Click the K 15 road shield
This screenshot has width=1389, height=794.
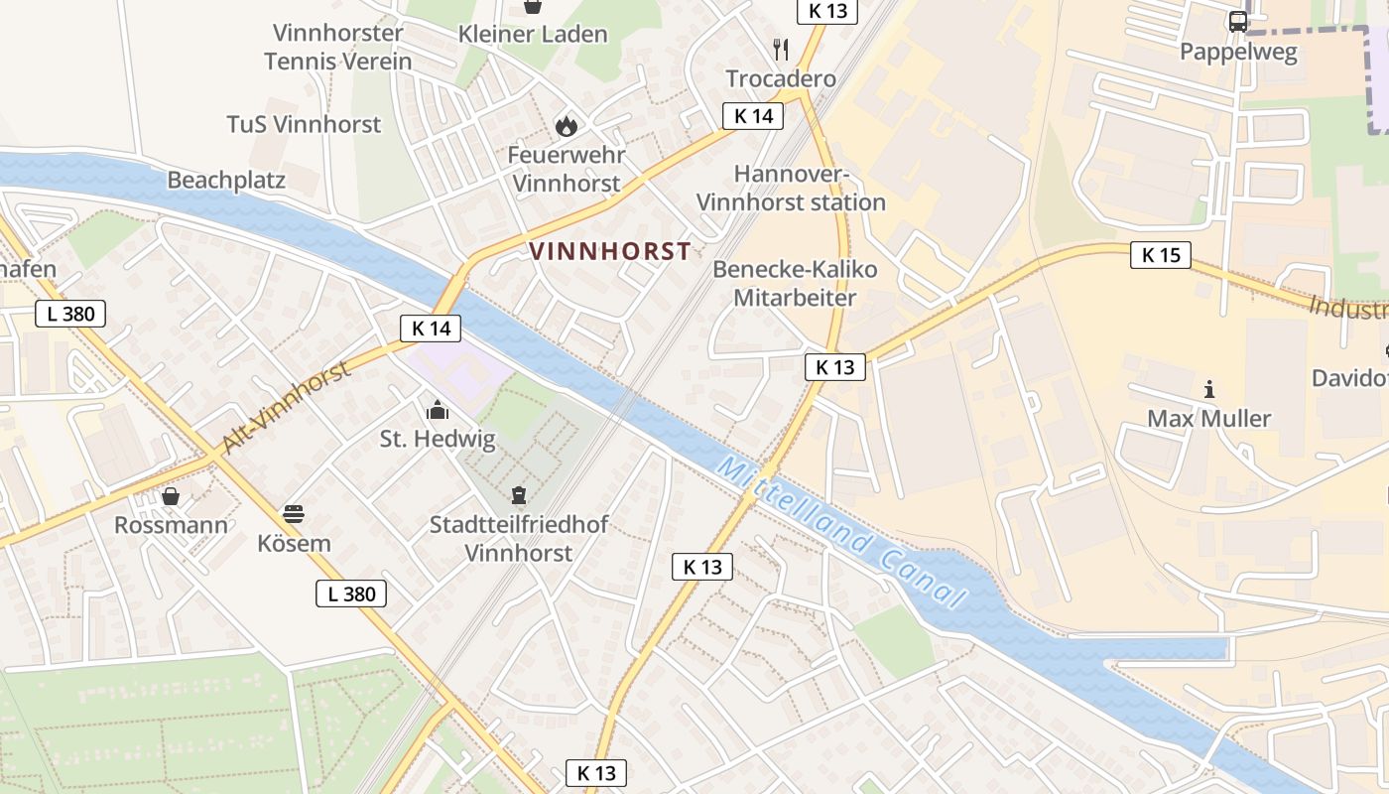tap(1160, 255)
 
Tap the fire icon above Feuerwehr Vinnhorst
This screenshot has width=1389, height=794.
tap(566, 126)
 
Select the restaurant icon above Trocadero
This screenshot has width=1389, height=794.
tap(781, 50)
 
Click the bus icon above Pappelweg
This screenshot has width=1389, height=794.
tap(1238, 21)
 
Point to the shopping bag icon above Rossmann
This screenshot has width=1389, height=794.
tap(171, 495)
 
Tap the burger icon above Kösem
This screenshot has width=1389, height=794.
tap(294, 514)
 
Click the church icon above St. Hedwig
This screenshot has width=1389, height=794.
tap(437, 409)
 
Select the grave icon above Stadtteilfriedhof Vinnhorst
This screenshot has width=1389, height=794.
tap(518, 494)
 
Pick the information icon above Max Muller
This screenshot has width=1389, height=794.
tap(1208, 389)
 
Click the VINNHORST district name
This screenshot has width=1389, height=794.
tap(610, 251)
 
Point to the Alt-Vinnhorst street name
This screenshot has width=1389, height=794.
tap(287, 407)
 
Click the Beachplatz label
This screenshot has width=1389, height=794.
tap(226, 180)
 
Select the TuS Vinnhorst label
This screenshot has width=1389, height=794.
tap(304, 124)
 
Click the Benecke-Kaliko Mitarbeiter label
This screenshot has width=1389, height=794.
tap(795, 283)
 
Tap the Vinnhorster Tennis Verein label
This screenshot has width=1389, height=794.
tap(337, 47)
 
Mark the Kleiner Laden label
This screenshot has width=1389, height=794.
tap(533, 34)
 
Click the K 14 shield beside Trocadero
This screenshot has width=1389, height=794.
tap(752, 116)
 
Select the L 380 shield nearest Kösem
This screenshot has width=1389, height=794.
tap(351, 594)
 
